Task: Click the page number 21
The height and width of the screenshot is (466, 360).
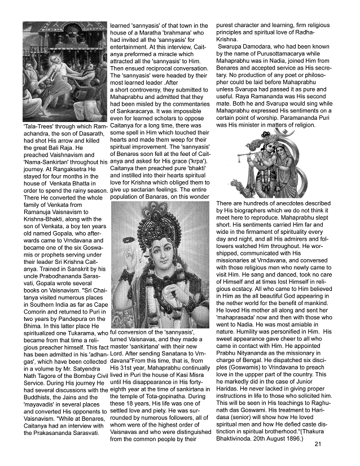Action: (x=318, y=443)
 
